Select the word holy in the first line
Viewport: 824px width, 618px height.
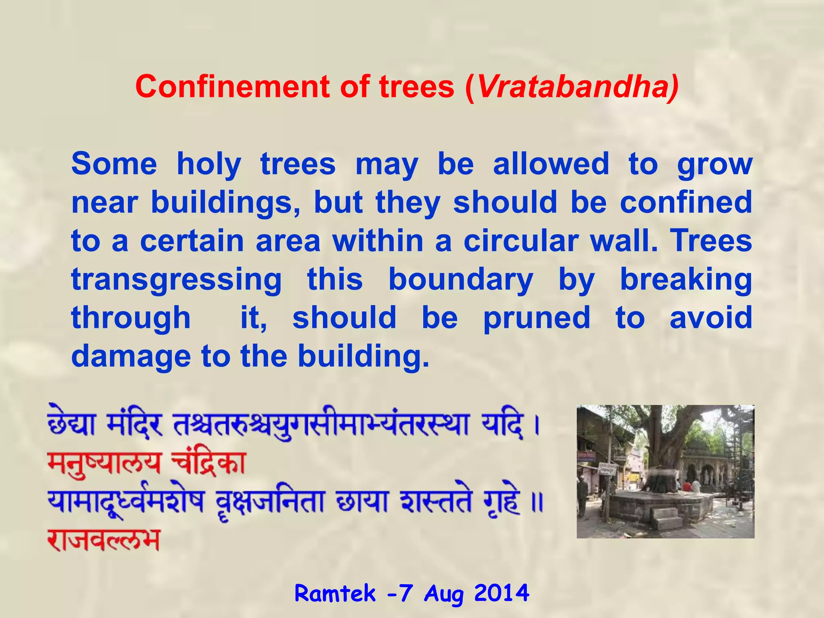click(x=209, y=165)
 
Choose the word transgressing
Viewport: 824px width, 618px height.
click(x=177, y=280)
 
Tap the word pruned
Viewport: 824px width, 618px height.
click(x=537, y=318)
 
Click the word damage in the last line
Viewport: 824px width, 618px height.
click(x=131, y=357)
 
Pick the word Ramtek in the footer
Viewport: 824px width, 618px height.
click(x=335, y=593)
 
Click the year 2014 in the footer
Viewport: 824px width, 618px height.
click(x=501, y=593)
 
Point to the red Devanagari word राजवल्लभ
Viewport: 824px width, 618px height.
click(x=104, y=540)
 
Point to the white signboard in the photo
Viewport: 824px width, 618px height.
click(x=608, y=469)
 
